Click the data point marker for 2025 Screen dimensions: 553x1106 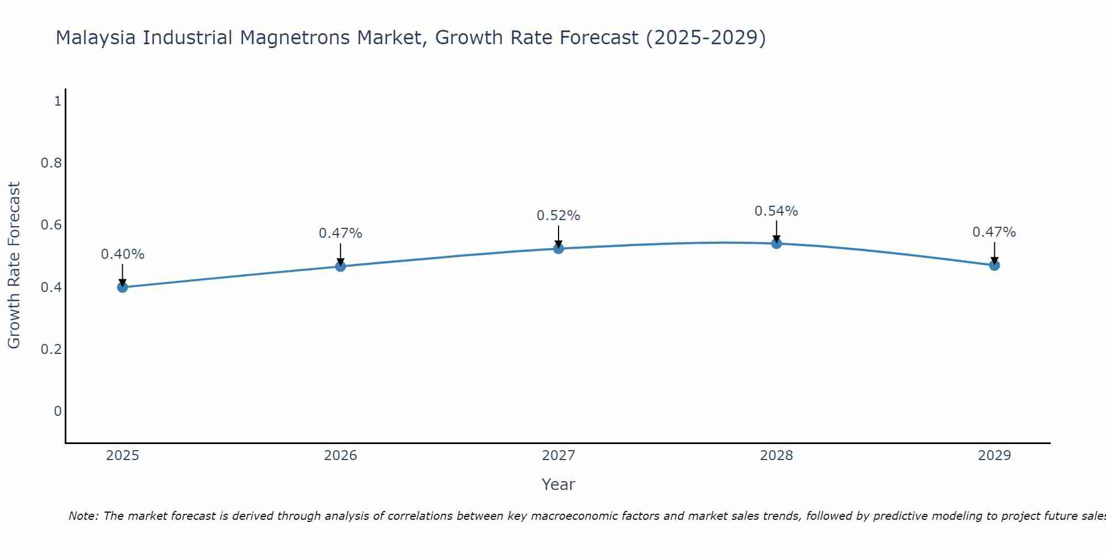click(x=123, y=287)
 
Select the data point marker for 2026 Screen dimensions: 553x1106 click(x=341, y=267)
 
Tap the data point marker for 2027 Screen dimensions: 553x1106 click(x=559, y=249)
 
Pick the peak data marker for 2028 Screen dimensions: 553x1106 click(x=776, y=243)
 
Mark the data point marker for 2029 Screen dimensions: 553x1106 click(x=994, y=265)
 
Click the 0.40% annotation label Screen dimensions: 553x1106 click(x=123, y=254)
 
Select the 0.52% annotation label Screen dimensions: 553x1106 click(x=559, y=216)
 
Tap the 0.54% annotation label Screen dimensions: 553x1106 click(x=776, y=211)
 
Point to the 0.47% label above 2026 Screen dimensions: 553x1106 click(x=341, y=233)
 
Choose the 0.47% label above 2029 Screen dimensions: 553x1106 click(x=994, y=232)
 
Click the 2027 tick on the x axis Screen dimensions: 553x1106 click(x=559, y=456)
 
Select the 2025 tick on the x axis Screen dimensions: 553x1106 click(x=123, y=456)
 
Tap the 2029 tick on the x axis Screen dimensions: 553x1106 click(x=994, y=456)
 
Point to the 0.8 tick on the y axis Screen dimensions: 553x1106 click(x=51, y=163)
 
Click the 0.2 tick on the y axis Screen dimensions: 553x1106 click(x=51, y=349)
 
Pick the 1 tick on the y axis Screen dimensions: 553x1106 click(x=57, y=101)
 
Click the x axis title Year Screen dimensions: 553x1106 click(x=559, y=484)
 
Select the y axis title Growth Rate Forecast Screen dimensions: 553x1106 click(x=14, y=265)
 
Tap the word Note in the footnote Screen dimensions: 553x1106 click(x=82, y=516)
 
